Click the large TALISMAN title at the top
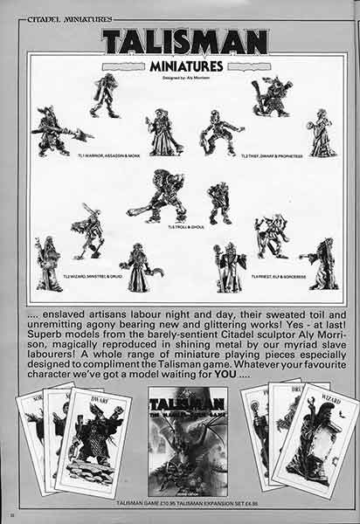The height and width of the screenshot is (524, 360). pyautogui.click(x=183, y=40)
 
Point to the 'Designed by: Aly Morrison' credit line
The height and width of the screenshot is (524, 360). pyautogui.click(x=183, y=76)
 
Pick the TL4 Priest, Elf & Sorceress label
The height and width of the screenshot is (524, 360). pyautogui.click(x=277, y=276)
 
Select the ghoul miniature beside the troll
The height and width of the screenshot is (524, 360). pyautogui.click(x=219, y=203)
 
